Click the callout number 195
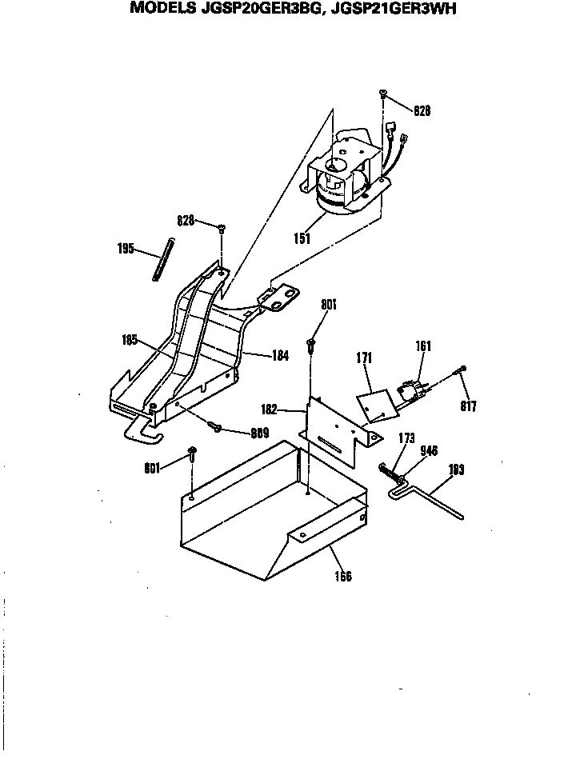pyautogui.click(x=126, y=249)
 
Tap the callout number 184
pyautogui.click(x=279, y=355)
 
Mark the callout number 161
pyautogui.click(x=423, y=346)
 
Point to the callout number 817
pyautogui.click(x=468, y=406)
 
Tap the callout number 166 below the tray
pyautogui.click(x=342, y=576)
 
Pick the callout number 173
pyautogui.click(x=407, y=439)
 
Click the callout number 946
pyautogui.click(x=430, y=451)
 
